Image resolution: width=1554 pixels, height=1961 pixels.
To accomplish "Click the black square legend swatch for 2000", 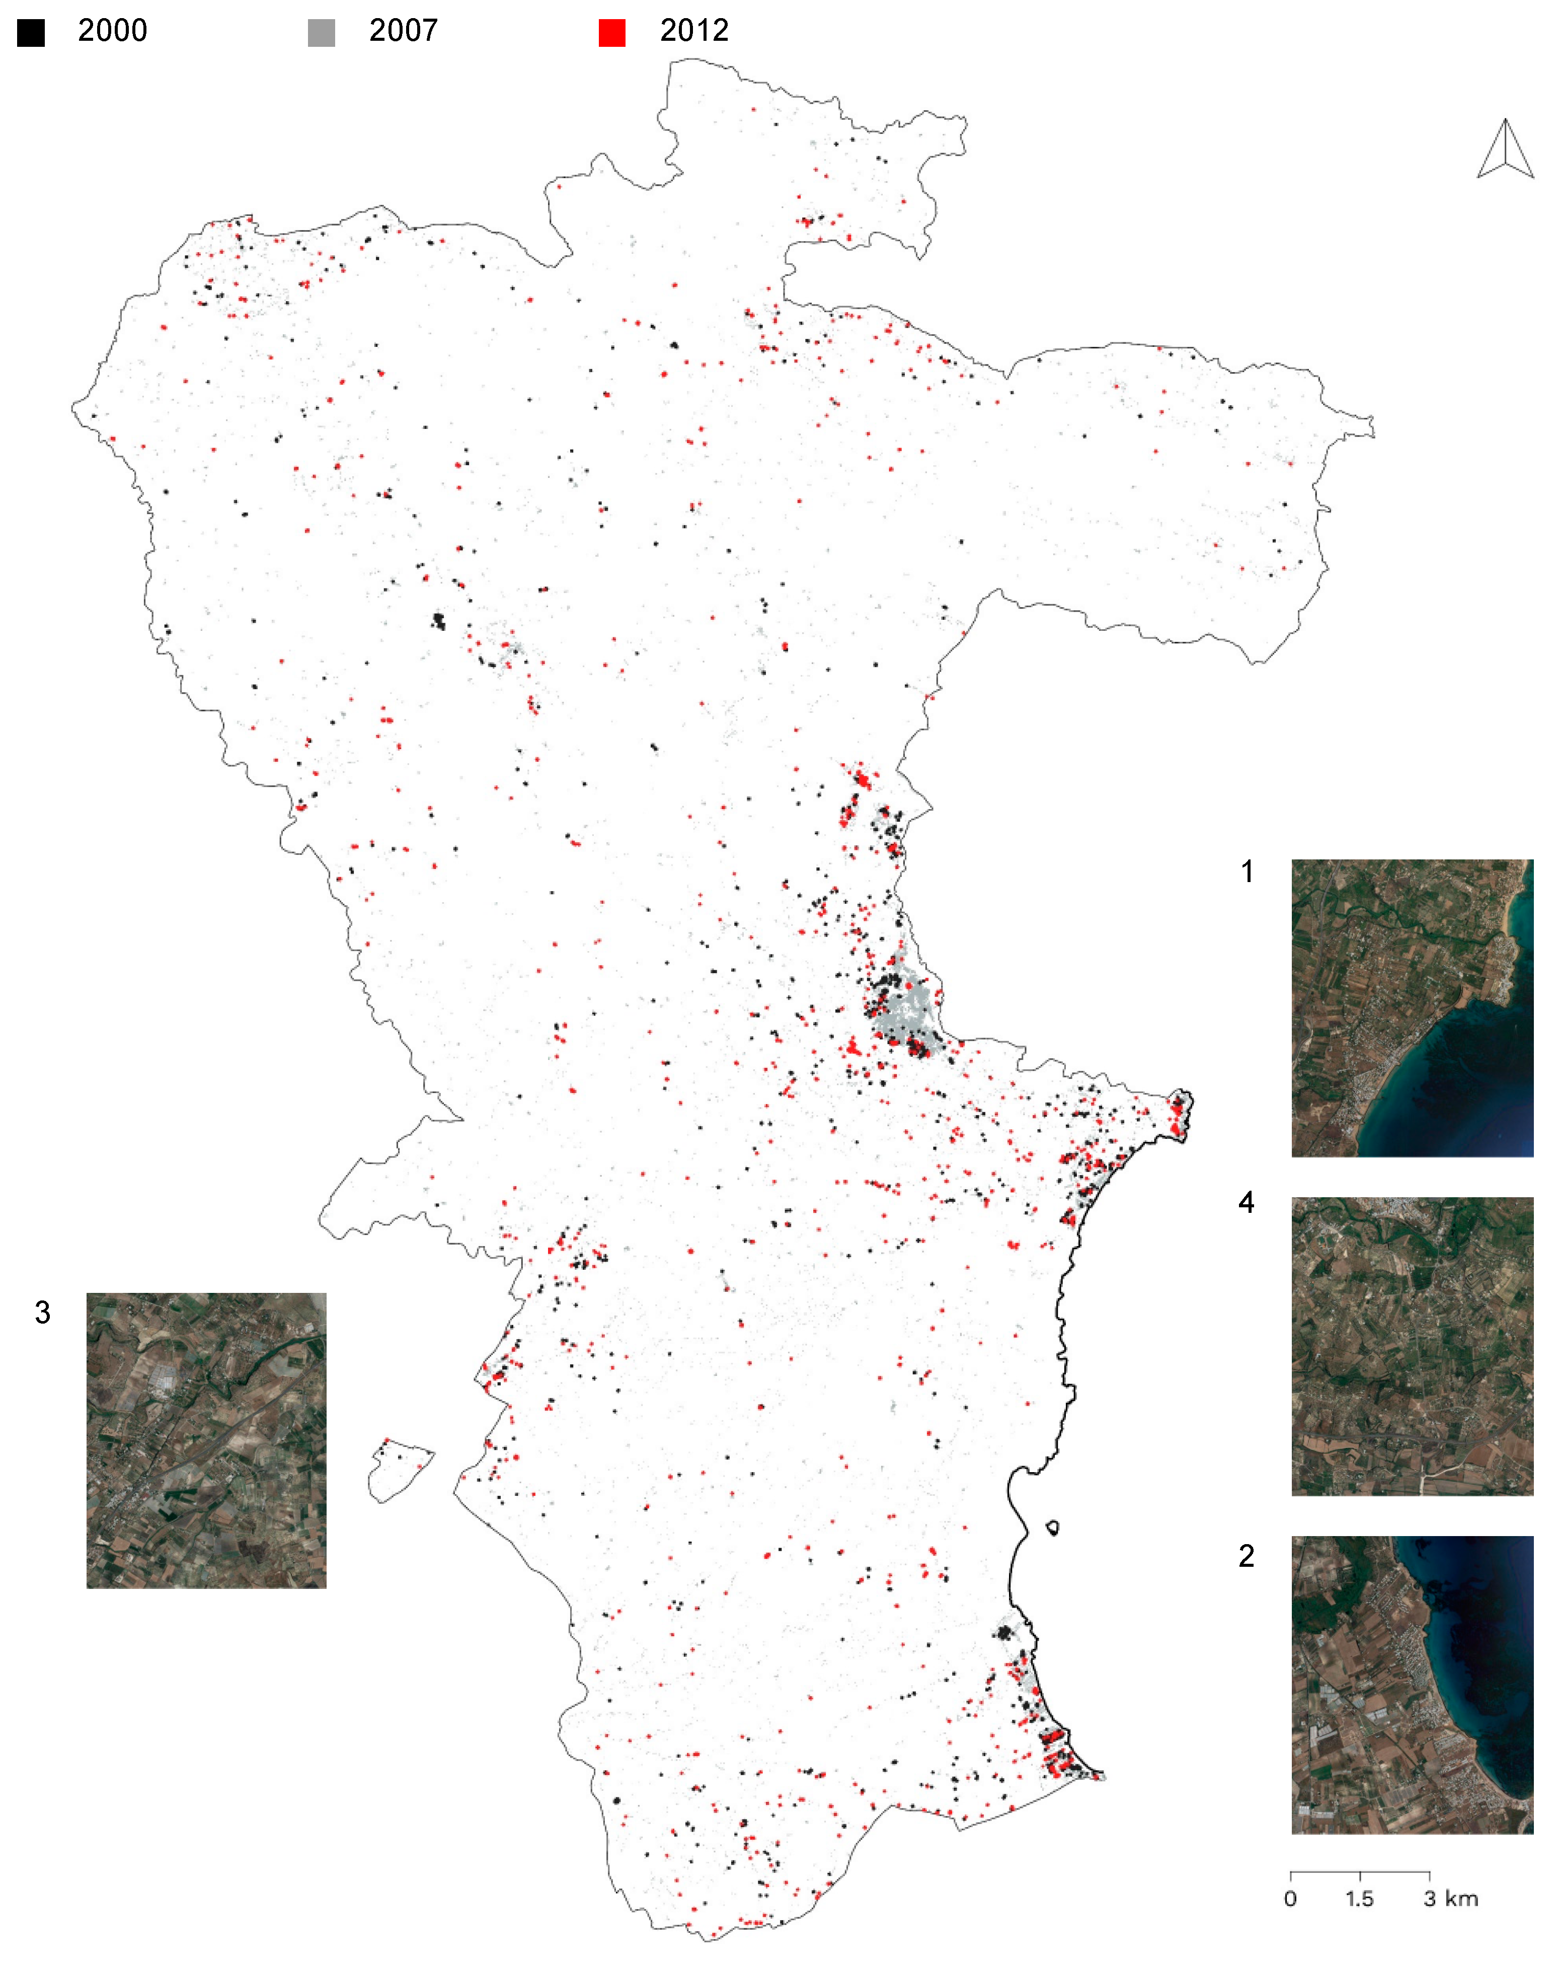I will [x=31, y=33].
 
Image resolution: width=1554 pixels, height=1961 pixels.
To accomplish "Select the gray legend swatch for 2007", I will [x=321, y=33].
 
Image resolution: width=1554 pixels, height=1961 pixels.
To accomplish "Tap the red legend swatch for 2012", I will [x=612, y=33].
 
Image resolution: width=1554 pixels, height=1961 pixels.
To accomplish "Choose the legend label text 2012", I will [x=694, y=31].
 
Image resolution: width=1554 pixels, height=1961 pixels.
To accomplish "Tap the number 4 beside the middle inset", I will [x=1247, y=1202].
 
